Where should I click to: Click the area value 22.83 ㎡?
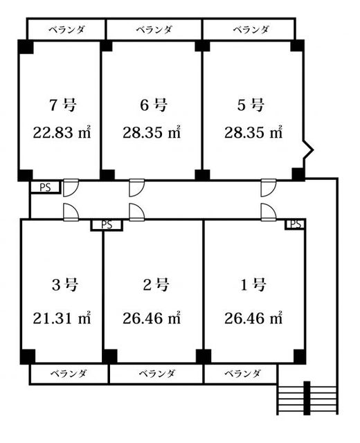63,132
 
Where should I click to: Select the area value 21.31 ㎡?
63,318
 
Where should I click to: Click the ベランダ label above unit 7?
66,30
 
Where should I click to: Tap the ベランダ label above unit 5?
250,30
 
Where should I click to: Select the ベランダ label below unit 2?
156,374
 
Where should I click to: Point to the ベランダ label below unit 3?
69,374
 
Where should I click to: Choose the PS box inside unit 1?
296,224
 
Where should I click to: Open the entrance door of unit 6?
136,189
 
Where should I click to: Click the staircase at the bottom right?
308,399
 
